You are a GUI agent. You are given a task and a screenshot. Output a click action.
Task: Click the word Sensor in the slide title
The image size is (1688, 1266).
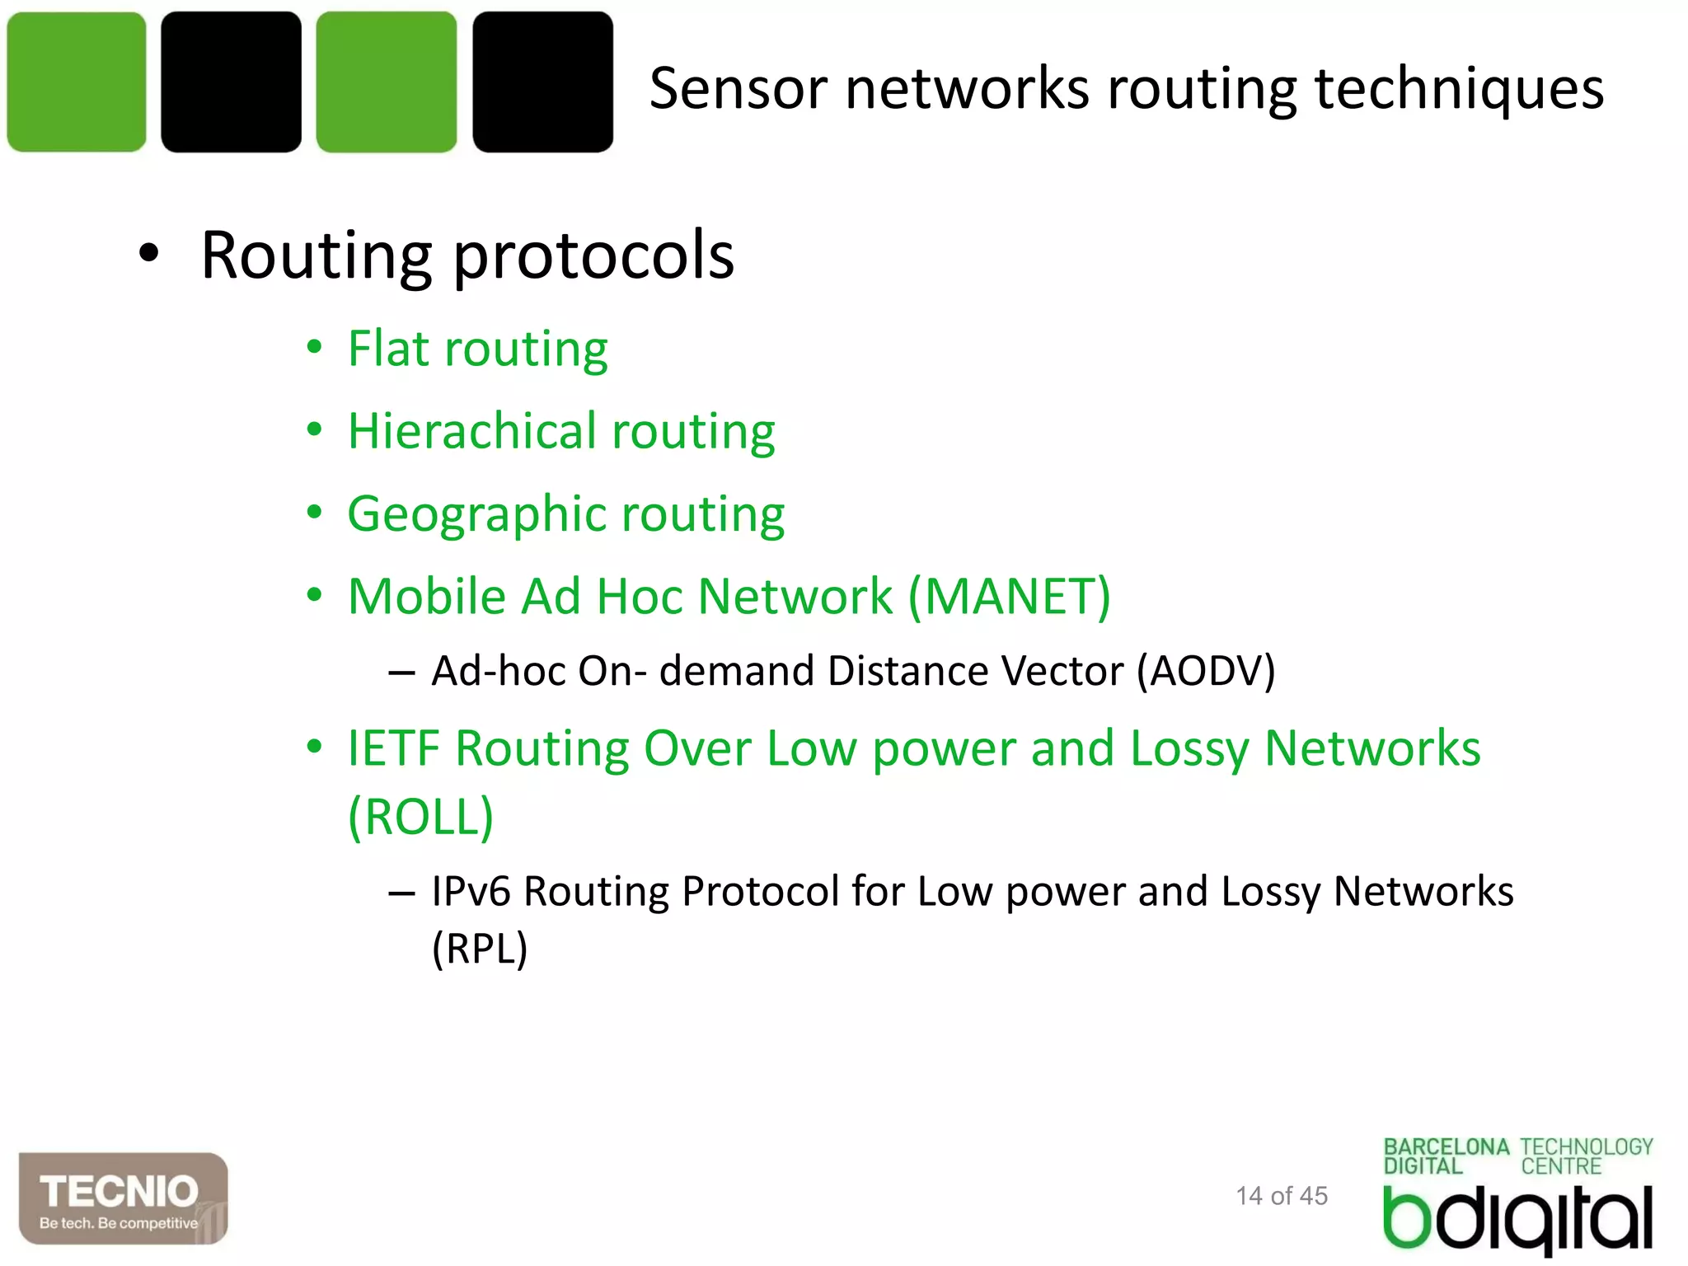pos(738,89)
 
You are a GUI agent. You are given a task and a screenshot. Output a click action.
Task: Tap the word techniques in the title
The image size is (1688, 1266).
pos(1459,89)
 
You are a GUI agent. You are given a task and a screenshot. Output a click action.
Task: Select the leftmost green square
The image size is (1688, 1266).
pos(77,82)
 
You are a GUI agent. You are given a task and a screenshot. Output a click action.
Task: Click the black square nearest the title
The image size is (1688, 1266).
pos(542,82)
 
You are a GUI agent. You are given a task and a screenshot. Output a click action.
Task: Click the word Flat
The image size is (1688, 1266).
pos(388,348)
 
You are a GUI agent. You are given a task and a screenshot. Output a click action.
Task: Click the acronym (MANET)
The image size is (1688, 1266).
pos(1010,596)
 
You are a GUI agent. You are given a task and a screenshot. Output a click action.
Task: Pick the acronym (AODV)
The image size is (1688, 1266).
pos(1206,671)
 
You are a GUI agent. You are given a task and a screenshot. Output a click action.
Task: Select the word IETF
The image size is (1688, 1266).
pos(394,748)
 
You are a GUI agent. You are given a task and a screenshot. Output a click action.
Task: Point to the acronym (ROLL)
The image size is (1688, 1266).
pos(421,817)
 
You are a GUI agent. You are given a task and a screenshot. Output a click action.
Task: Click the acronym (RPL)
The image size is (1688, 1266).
pos(480,949)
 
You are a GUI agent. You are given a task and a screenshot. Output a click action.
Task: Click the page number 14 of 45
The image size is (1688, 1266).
pos(1282,1196)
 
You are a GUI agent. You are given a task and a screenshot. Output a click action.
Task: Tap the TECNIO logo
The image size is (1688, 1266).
pos(123,1198)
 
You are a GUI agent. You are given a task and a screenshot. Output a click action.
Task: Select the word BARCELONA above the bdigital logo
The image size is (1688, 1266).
pos(1446,1147)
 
